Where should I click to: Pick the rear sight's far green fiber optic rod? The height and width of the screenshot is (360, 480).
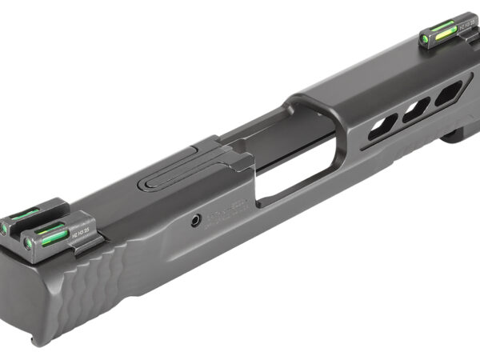click(x=23, y=214)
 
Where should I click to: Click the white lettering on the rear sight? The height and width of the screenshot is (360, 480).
click(x=83, y=233)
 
